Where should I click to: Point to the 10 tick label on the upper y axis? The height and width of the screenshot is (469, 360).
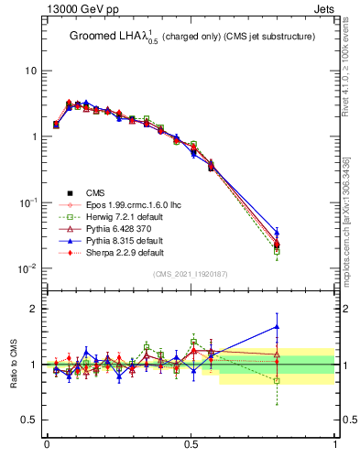coord(30,71)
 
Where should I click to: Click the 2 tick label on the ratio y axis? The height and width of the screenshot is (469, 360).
coord(35,309)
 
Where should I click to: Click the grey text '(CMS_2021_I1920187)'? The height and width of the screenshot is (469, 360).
coord(191,274)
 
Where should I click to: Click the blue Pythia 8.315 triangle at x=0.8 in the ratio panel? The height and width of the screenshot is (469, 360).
coord(277,326)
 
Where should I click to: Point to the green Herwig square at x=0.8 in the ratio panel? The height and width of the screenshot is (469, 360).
coord(277,380)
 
